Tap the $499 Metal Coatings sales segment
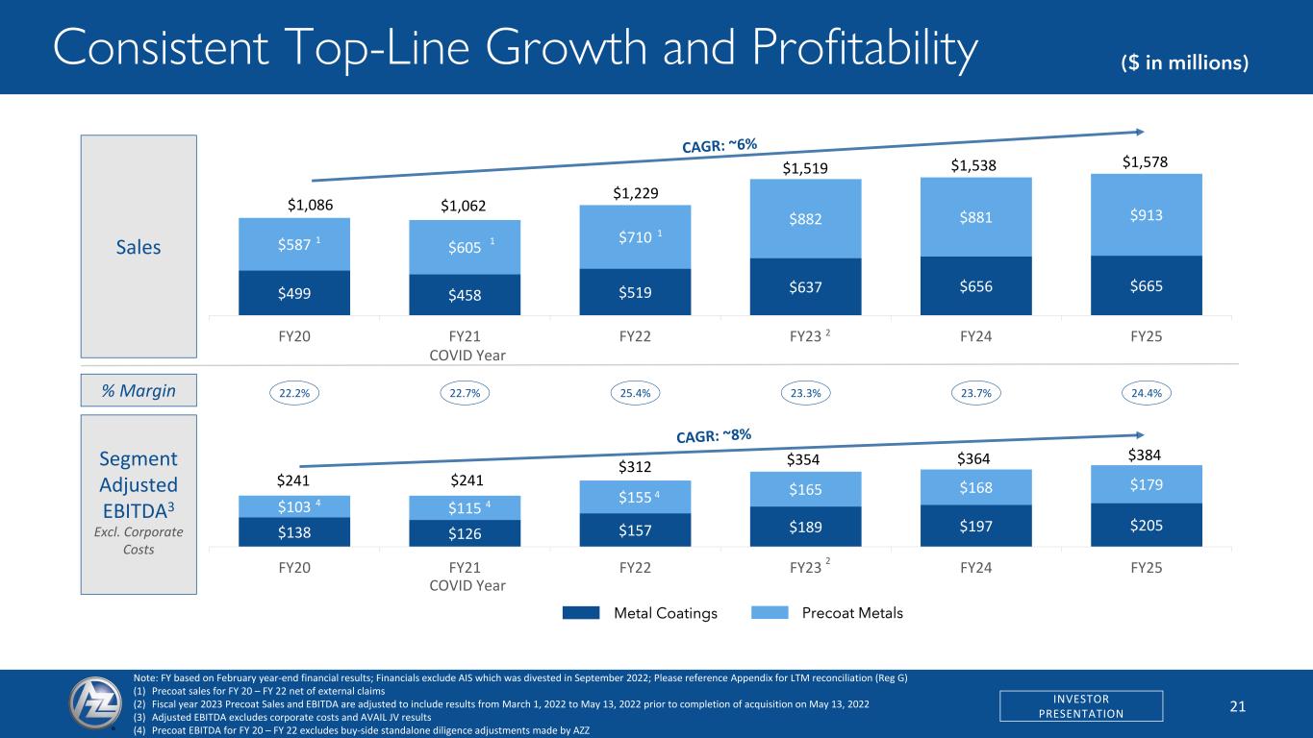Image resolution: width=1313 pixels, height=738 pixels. tap(294, 292)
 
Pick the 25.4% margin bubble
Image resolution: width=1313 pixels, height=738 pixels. tap(636, 392)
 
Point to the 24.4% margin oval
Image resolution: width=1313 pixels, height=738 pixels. tap(1146, 392)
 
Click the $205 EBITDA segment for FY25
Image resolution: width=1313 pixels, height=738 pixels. tap(1147, 526)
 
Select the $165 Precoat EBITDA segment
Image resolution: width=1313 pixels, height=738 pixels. tap(806, 489)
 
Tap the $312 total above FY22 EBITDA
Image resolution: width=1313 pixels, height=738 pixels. tap(636, 467)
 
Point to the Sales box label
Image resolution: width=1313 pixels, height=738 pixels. tap(139, 247)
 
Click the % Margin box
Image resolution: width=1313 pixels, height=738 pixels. tap(139, 389)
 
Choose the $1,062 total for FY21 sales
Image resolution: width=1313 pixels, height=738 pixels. tap(464, 205)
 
